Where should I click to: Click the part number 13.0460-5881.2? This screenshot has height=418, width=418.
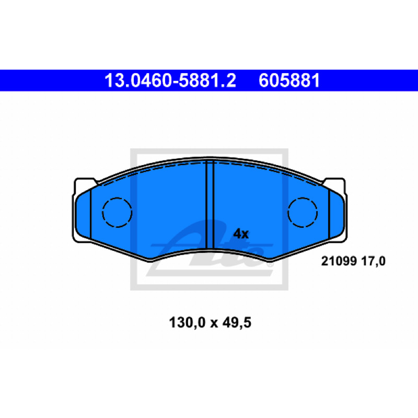[x=170, y=80]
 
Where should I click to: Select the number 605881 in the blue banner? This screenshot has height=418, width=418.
[x=289, y=80]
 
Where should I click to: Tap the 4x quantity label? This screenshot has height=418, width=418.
[x=241, y=234]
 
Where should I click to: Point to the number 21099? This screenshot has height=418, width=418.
[x=339, y=261]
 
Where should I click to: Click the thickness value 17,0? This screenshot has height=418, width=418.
[x=373, y=261]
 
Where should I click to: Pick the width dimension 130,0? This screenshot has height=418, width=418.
[x=187, y=322]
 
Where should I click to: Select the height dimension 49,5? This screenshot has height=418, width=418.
[x=237, y=322]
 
